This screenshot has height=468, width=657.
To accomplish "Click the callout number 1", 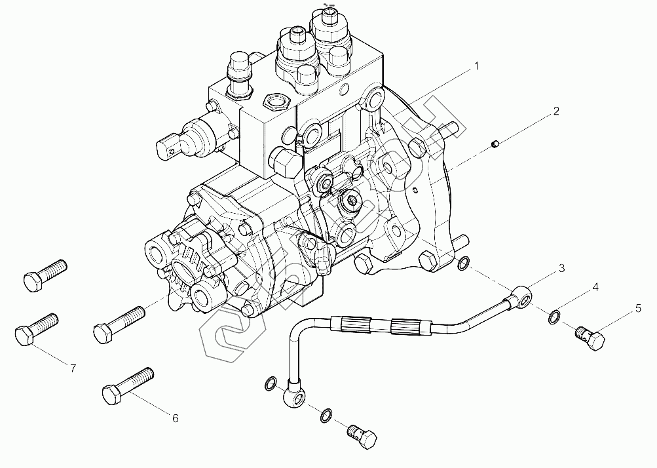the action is (477, 66).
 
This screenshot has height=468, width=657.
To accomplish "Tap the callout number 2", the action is (555, 111).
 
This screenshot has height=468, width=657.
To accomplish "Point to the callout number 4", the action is (595, 287).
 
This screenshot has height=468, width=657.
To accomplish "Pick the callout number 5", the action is (637, 307).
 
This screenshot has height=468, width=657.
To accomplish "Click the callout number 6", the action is (175, 418).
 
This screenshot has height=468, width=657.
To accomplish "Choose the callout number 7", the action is (73, 368).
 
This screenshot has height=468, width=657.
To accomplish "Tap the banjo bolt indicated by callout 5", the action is (590, 338).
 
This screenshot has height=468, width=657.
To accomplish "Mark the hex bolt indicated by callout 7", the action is (37, 329).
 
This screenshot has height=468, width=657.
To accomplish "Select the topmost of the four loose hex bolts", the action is (45, 273).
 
